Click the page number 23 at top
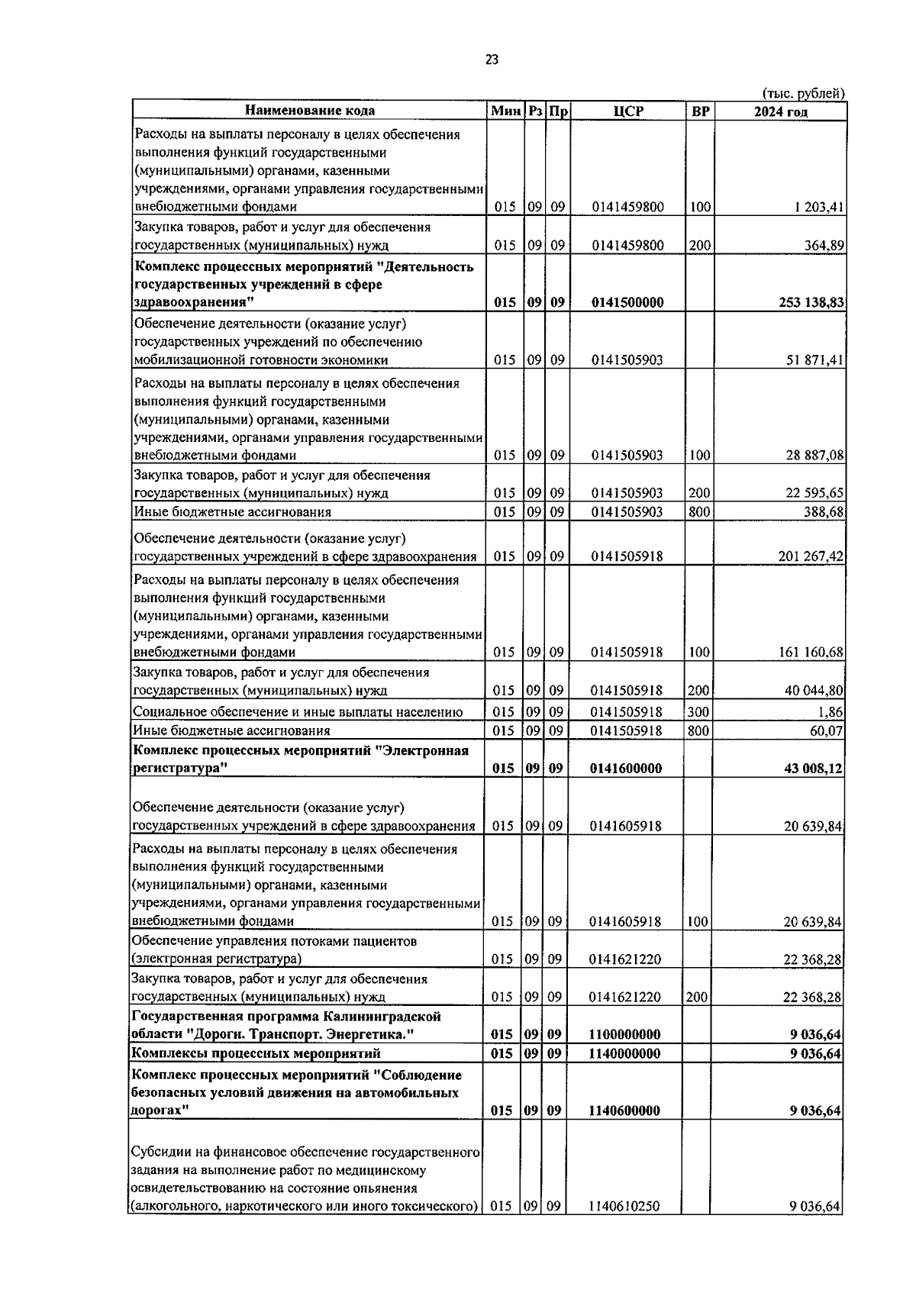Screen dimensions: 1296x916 pos(492,60)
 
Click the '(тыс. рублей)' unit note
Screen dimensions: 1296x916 pos(804,93)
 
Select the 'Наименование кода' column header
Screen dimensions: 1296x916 pos(310,111)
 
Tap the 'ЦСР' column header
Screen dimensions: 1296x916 pos(628,111)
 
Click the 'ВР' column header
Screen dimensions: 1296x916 pos(699,111)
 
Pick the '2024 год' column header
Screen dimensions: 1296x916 pos(781,111)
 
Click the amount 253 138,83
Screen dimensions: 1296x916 pos(805,302)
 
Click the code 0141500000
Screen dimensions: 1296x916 pos(627,302)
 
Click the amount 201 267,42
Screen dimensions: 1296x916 pos(811,556)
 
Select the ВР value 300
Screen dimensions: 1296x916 pos(698,712)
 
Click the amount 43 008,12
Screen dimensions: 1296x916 pos(813,769)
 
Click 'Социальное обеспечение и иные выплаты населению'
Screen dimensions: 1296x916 pos(298,712)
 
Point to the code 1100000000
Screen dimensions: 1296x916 pos(624,1035)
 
